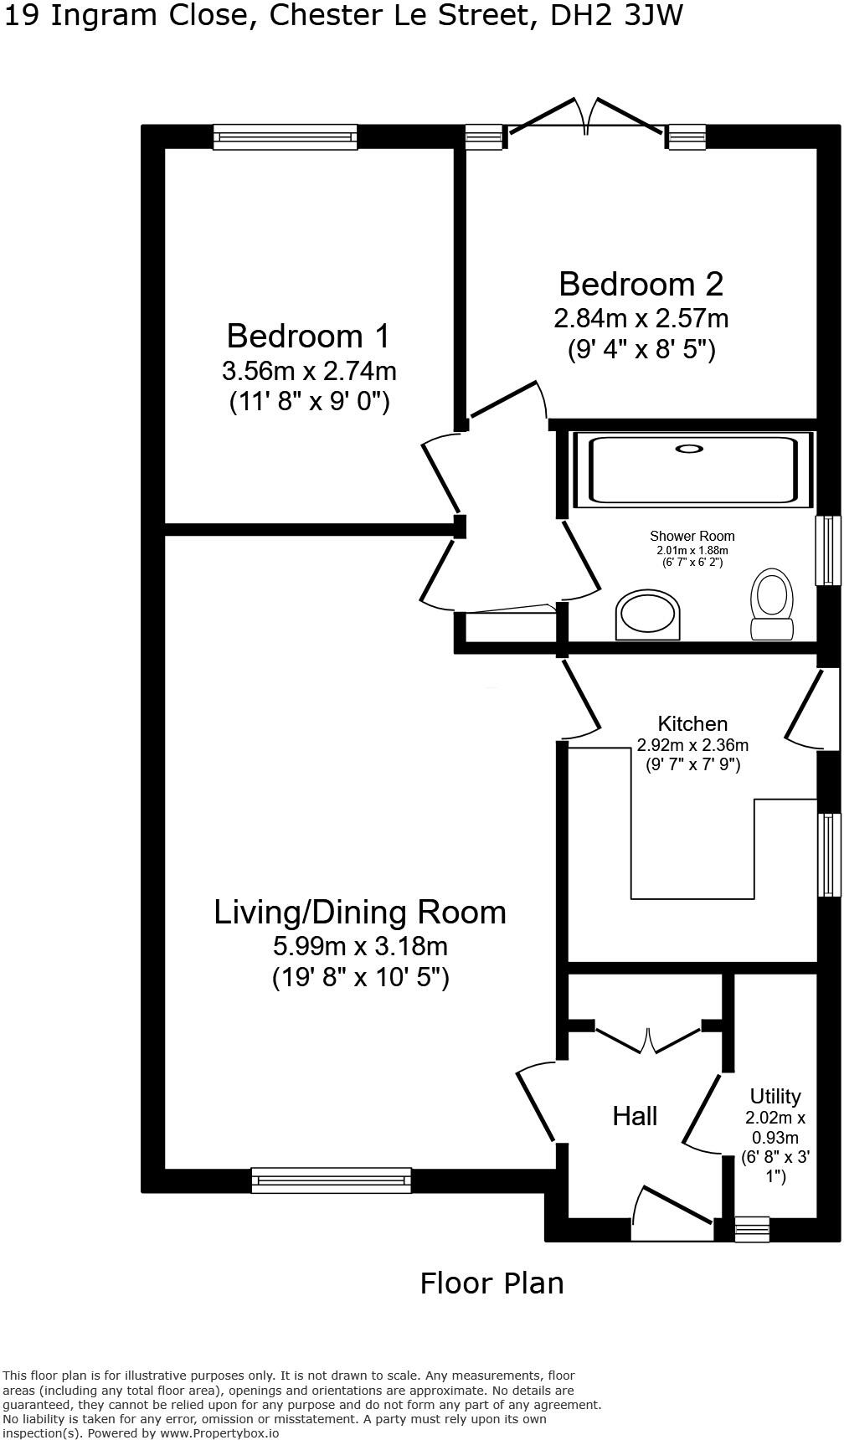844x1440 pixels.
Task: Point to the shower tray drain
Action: point(689,449)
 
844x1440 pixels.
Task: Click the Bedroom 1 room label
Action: point(308,336)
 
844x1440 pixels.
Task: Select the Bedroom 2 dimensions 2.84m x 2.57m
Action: point(641,319)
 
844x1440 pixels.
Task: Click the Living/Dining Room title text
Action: point(360,912)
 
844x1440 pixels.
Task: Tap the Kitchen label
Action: point(692,723)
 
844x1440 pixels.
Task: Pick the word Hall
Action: point(635,1115)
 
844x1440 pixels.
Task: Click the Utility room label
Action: point(775,1096)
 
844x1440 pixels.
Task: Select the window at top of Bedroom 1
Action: point(285,136)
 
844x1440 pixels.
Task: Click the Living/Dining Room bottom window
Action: point(332,1180)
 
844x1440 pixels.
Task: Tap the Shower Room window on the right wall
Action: point(828,550)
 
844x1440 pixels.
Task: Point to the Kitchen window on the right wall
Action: point(828,855)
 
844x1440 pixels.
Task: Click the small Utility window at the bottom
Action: point(751,1228)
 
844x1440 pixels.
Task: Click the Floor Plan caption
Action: point(491,1283)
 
